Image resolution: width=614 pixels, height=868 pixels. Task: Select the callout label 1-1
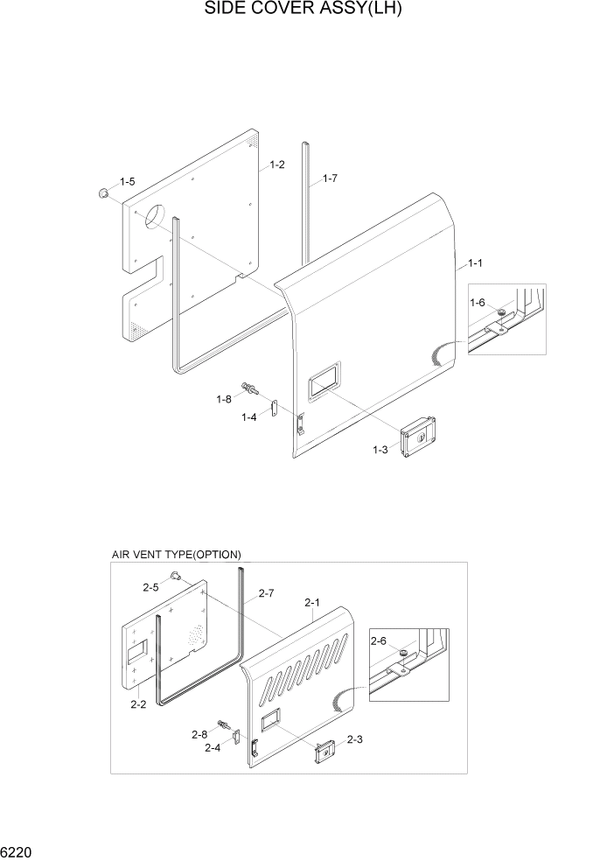tap(476, 262)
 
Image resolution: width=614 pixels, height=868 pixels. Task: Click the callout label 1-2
tap(277, 164)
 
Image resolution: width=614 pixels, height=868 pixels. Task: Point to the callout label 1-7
tap(330, 178)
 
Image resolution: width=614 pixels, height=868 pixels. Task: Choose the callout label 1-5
tap(127, 182)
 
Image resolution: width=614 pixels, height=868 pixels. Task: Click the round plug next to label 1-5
tap(104, 192)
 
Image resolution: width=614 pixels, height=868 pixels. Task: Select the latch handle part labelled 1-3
tap(418, 436)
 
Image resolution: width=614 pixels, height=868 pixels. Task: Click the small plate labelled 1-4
tap(273, 408)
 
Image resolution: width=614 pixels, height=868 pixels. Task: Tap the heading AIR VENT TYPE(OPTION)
tap(176, 555)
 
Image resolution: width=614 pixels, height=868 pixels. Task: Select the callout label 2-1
tap(312, 602)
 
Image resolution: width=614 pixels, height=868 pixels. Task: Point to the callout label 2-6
tap(378, 642)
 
